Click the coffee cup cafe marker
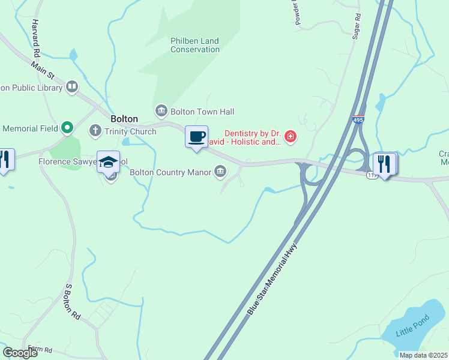click(x=196, y=136)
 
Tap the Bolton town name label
click(x=124, y=119)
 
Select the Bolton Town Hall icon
click(x=161, y=111)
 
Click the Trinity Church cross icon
click(x=95, y=130)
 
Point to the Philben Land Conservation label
click(x=194, y=45)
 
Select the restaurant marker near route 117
click(x=385, y=163)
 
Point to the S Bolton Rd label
click(x=72, y=301)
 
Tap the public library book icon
click(x=72, y=87)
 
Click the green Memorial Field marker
click(x=67, y=127)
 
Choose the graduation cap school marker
click(x=109, y=162)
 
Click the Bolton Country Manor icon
click(x=220, y=172)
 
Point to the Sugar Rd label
click(x=358, y=26)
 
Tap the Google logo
click(x=20, y=353)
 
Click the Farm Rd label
click(x=40, y=349)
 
